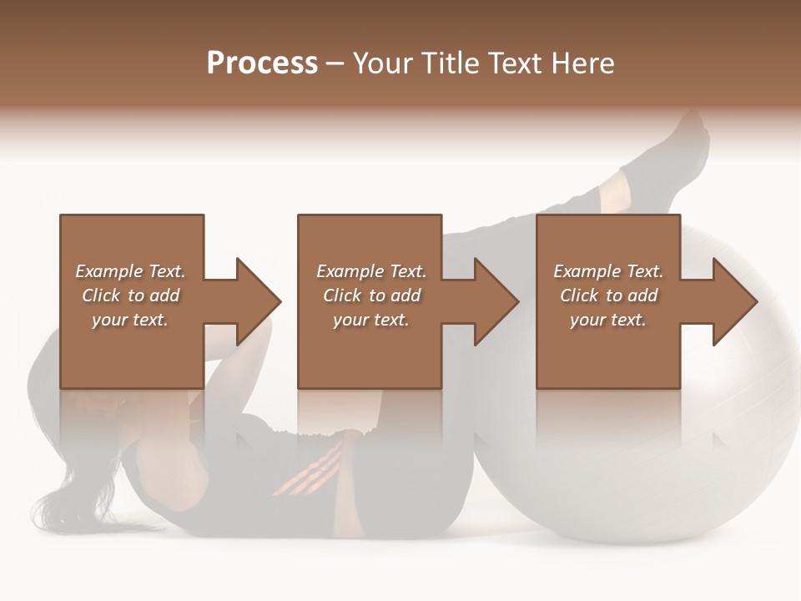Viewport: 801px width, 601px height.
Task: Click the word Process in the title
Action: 262,63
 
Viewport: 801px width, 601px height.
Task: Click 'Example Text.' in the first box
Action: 130,271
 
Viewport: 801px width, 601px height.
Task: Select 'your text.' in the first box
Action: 130,320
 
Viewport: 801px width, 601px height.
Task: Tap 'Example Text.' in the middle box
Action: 370,271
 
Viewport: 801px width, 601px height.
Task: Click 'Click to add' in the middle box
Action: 370,295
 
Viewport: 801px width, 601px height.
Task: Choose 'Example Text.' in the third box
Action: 608,271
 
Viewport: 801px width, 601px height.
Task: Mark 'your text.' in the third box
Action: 608,320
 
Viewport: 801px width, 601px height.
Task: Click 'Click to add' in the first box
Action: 130,295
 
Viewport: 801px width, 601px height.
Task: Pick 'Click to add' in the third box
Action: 608,295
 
